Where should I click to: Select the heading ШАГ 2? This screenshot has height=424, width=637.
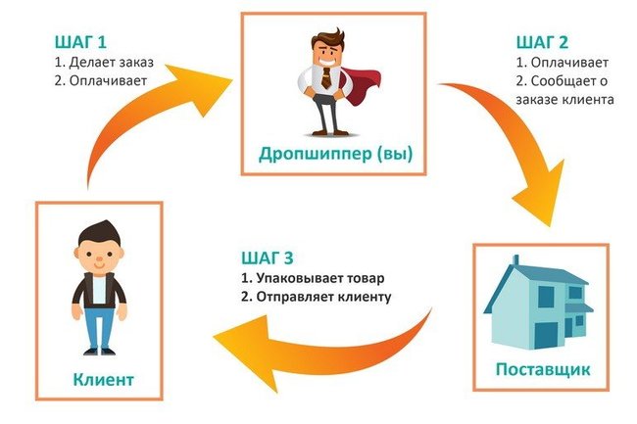(x=539, y=43)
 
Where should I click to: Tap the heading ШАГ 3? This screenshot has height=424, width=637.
(x=267, y=259)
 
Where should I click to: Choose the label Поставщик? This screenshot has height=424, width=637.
(x=542, y=369)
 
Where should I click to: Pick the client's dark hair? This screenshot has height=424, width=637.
(x=98, y=233)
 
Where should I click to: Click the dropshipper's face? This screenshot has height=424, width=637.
(x=324, y=51)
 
